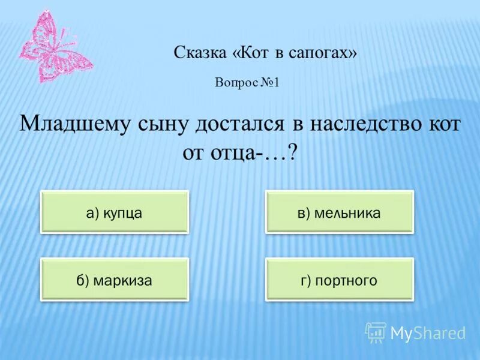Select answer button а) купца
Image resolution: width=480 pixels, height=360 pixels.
(x=115, y=212)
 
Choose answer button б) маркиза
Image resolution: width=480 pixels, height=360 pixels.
(x=115, y=280)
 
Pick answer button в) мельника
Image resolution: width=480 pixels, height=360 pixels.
(x=340, y=212)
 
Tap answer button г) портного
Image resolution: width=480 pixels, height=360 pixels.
(x=340, y=280)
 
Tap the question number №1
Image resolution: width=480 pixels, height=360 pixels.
(x=271, y=83)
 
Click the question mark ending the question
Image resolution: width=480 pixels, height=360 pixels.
(x=293, y=152)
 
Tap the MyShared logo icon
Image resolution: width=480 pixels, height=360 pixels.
(x=376, y=332)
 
